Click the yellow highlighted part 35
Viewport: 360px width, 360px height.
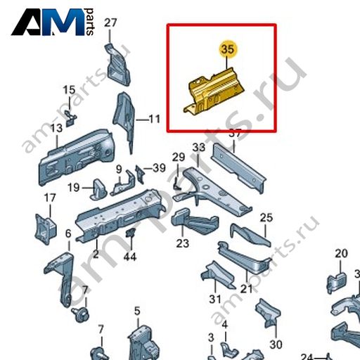click(214, 92)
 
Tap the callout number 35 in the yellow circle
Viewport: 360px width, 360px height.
click(228, 50)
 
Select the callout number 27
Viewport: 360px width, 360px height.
click(110, 23)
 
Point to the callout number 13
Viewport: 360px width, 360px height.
click(57, 128)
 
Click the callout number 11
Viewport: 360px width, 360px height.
click(155, 119)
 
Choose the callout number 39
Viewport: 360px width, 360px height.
click(159, 168)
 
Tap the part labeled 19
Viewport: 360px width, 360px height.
click(98, 190)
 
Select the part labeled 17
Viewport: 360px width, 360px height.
click(46, 229)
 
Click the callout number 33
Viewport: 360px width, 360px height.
click(199, 148)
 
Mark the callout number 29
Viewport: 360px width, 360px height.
click(179, 157)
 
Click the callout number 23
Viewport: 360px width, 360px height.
click(183, 243)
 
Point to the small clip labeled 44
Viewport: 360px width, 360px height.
click(130, 232)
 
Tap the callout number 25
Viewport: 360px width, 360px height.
click(266, 218)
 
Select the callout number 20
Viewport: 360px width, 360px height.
click(341, 253)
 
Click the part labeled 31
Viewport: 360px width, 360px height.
click(218, 275)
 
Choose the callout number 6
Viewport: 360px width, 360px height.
click(68, 233)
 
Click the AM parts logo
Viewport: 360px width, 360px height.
click(53, 22)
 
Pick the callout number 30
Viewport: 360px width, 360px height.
click(276, 345)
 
